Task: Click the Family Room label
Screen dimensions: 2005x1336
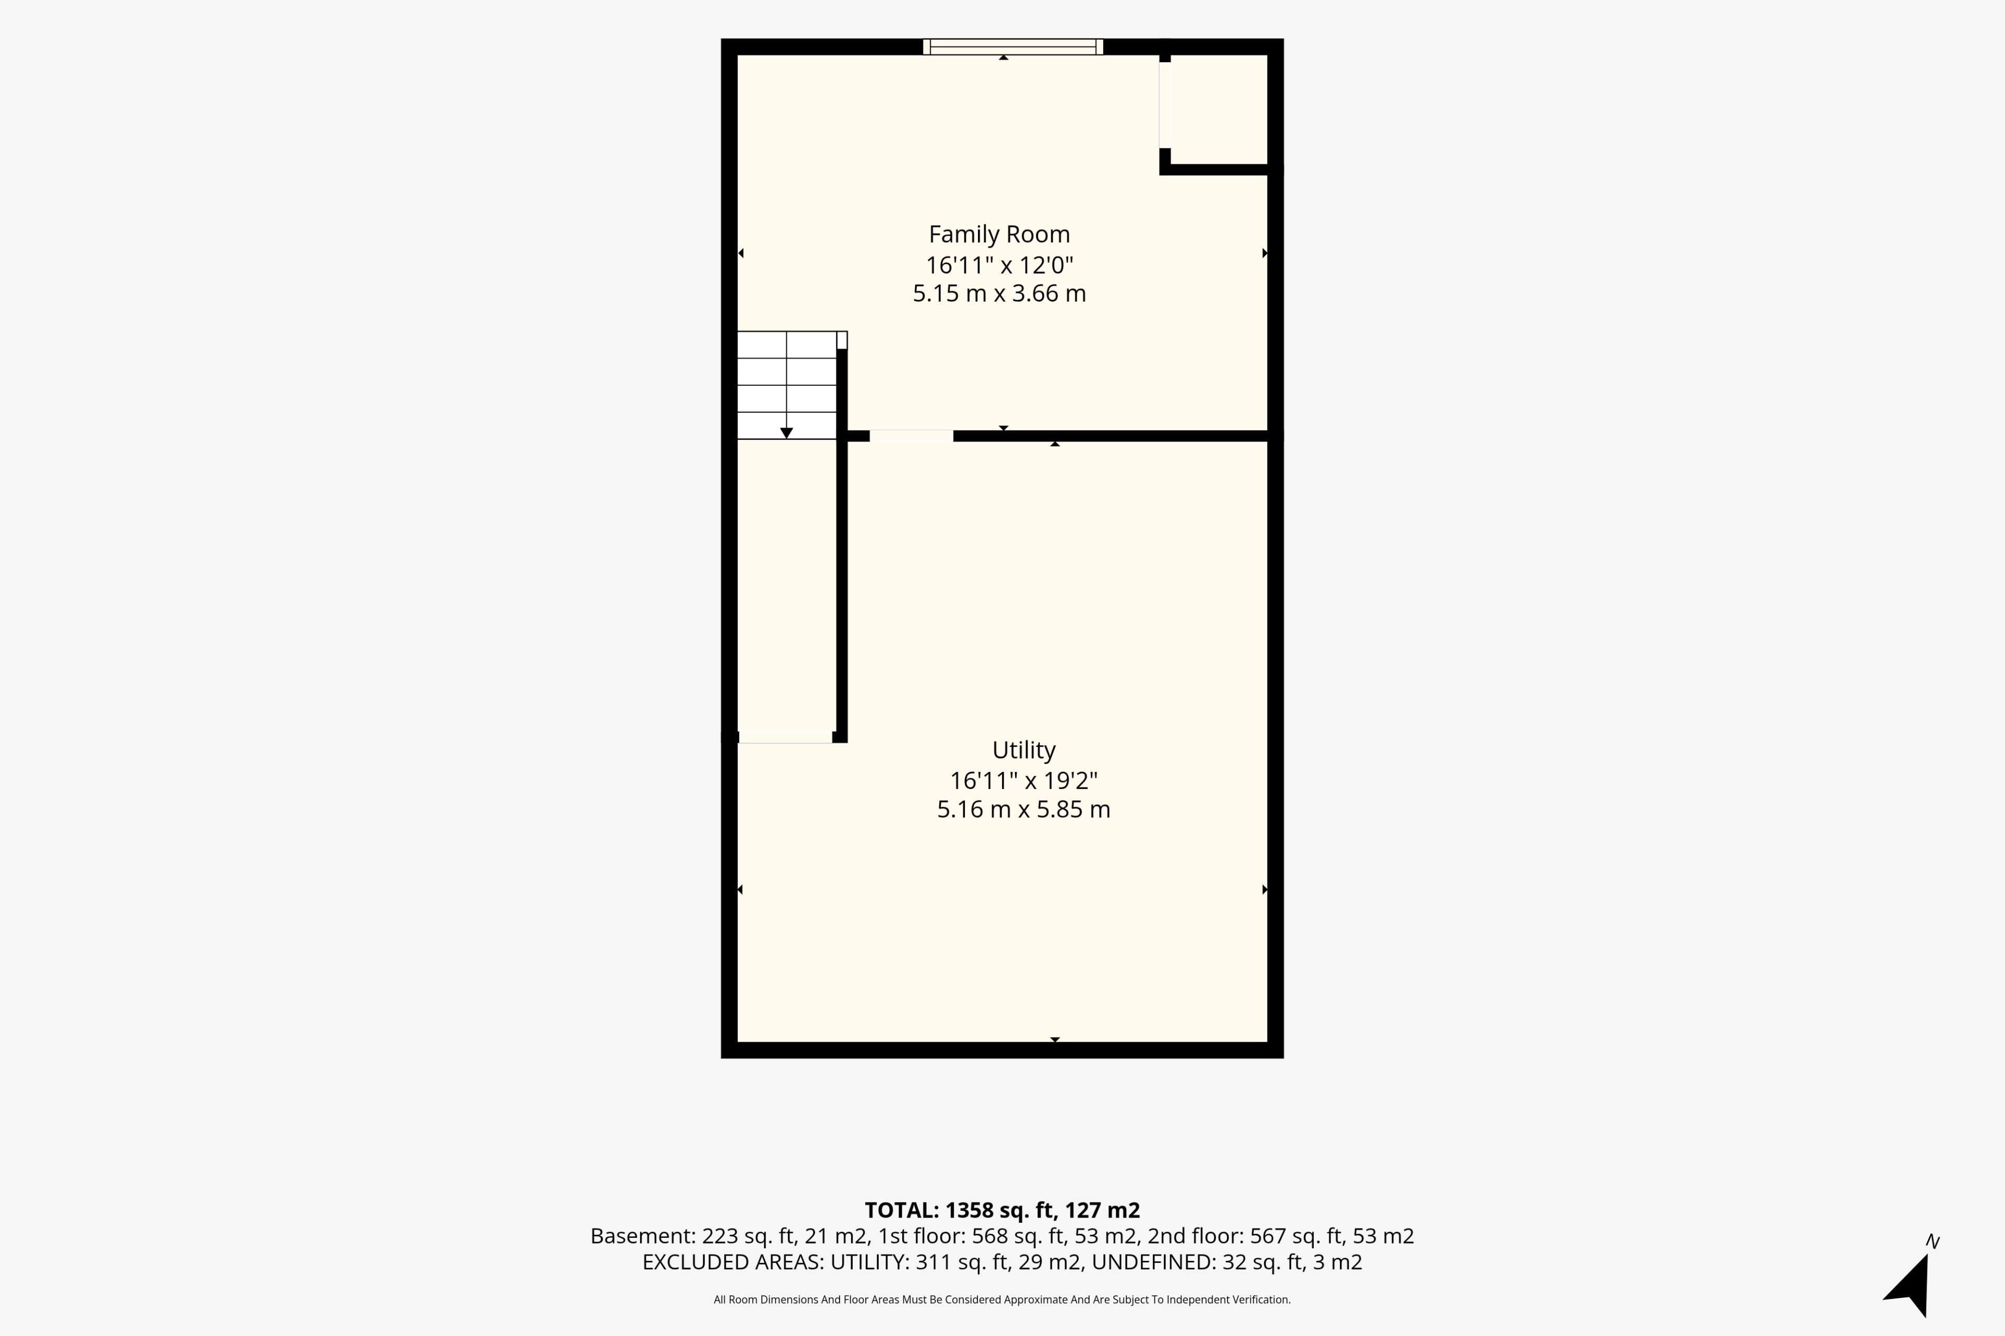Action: (x=999, y=234)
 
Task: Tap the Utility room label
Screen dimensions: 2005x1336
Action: (x=1024, y=750)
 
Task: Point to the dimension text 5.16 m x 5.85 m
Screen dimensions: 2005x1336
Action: (x=1024, y=809)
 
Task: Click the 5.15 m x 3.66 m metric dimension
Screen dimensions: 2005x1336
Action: (x=999, y=294)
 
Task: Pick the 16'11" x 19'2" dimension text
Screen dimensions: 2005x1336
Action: (x=1024, y=781)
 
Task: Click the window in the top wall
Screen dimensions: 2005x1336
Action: (x=1013, y=47)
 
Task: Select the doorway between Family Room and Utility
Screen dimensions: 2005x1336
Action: (x=911, y=436)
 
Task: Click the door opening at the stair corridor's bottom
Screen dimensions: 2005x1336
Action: (x=785, y=737)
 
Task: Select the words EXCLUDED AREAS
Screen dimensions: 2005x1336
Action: (x=732, y=1263)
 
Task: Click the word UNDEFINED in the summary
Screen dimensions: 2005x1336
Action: (x=1152, y=1263)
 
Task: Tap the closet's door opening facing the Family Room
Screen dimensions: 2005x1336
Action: (x=1164, y=105)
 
